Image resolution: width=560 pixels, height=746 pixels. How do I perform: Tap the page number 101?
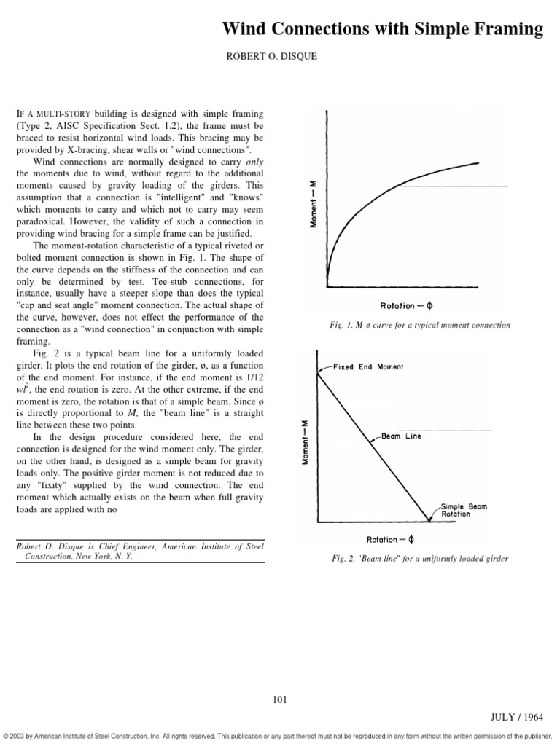(x=279, y=700)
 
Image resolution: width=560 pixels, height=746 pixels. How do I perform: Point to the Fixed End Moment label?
(x=368, y=366)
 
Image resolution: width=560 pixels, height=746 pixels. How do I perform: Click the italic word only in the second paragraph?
(x=254, y=160)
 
